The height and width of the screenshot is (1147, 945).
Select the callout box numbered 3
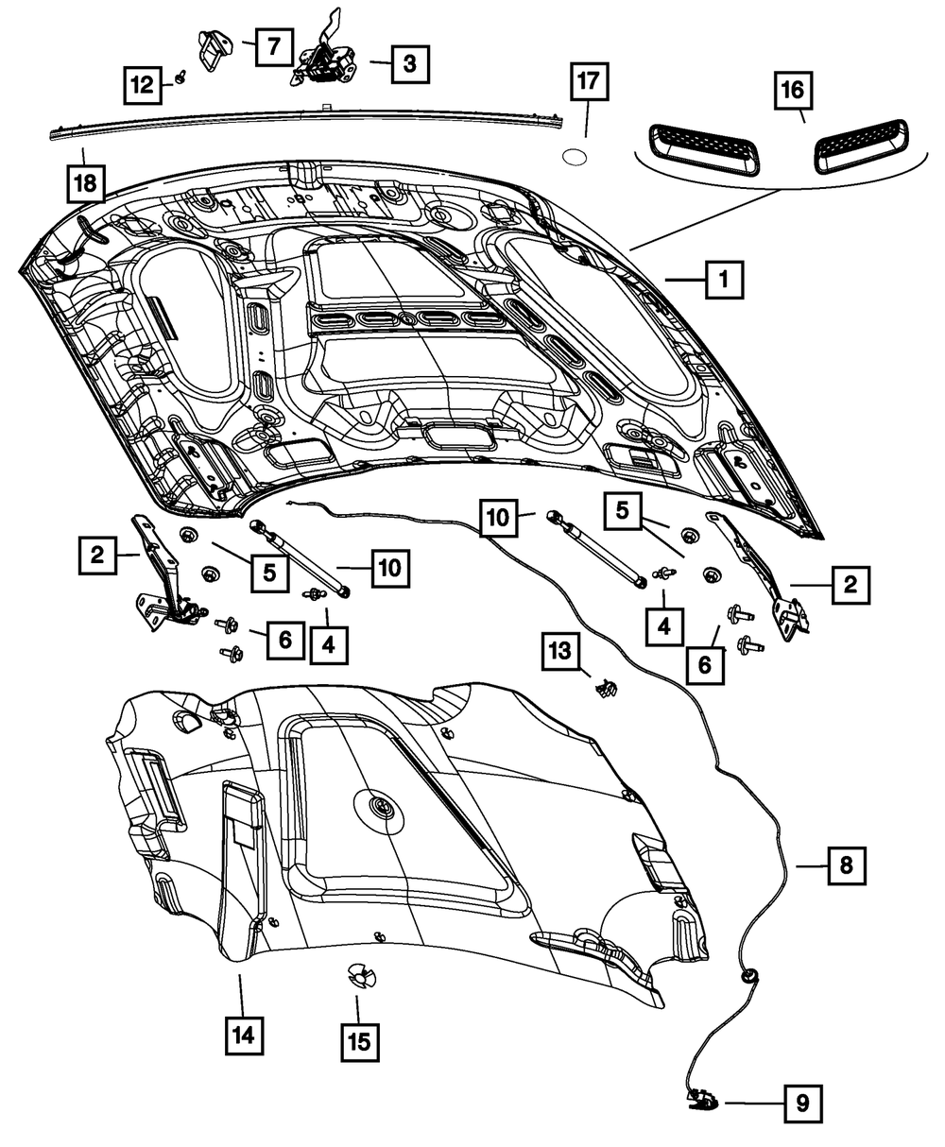408,63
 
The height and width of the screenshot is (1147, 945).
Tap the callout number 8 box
846,865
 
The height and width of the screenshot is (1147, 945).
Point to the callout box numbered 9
802,1102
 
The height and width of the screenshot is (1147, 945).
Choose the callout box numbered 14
244,1035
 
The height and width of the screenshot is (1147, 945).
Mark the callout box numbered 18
86,183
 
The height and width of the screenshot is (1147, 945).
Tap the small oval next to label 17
575,156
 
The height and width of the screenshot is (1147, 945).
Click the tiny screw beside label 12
179,81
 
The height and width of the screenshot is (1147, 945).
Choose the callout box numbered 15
358,1042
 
